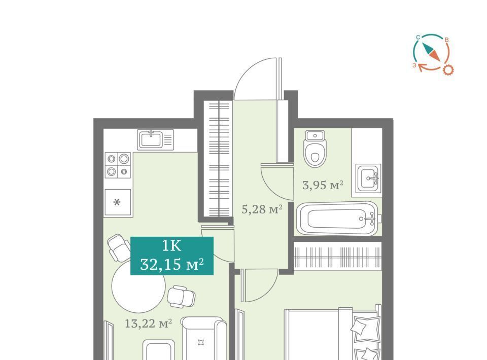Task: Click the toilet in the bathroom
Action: pyautogui.click(x=316, y=149)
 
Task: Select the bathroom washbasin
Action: pyautogui.click(x=368, y=178)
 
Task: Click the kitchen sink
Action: pyautogui.click(x=156, y=139)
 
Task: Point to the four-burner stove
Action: pyautogui.click(x=118, y=165)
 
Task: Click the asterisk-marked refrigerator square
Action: pyautogui.click(x=117, y=202)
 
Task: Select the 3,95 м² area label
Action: pyautogui.click(x=323, y=185)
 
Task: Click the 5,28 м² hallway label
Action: pyautogui.click(x=262, y=209)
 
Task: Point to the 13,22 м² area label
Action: pyautogui.click(x=149, y=323)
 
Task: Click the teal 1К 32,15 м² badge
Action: pyautogui.click(x=172, y=256)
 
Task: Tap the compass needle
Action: pyautogui.click(x=431, y=52)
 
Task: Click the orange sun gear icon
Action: pyautogui.click(x=448, y=70)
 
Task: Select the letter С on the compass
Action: pyautogui.click(x=418, y=38)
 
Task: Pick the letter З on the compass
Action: pyautogui.click(x=414, y=65)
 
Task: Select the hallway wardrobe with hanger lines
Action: pyautogui.click(x=219, y=159)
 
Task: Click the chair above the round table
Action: pyautogui.click(x=119, y=247)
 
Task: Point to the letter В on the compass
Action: pyautogui.click(x=446, y=40)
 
